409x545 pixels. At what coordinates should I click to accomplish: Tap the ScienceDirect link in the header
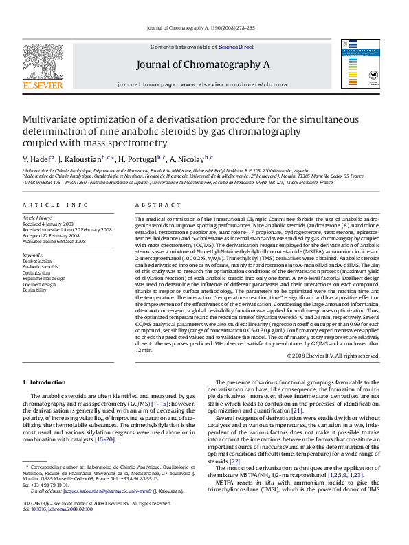tap(236, 47)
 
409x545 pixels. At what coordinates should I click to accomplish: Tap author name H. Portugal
tap(140, 159)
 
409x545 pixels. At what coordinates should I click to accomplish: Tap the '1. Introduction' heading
tap(44, 382)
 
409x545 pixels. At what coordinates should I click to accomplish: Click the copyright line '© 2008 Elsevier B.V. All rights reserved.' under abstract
tap(333, 356)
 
